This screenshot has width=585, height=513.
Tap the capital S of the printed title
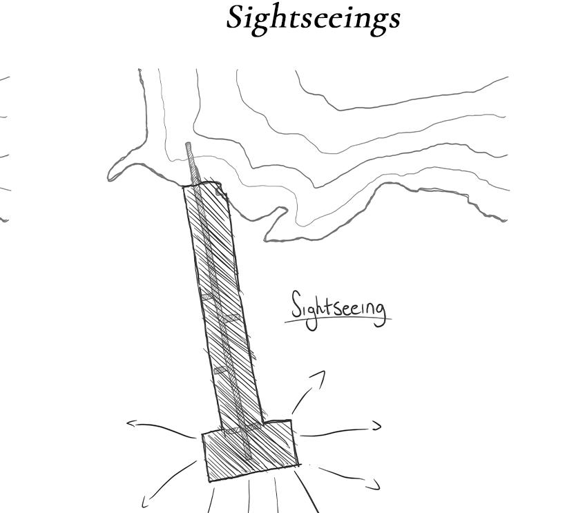tap(236, 17)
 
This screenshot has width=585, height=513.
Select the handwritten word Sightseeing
tap(338, 307)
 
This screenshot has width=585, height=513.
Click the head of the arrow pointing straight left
tap(130, 424)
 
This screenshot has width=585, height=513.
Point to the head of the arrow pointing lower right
tap(376, 486)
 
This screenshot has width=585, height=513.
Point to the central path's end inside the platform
tap(248, 457)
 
